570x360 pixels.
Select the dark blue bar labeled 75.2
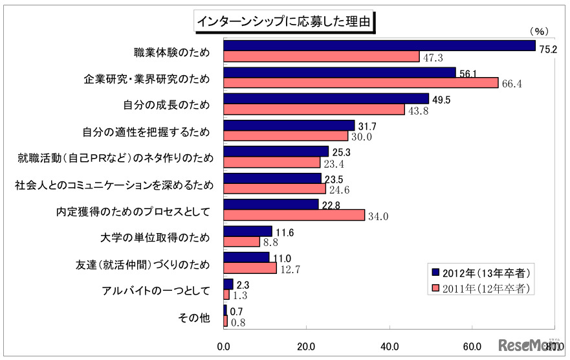[x=379, y=45]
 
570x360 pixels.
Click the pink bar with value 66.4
[x=360, y=83]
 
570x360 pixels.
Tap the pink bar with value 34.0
[x=294, y=216]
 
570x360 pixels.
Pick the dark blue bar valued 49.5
[x=326, y=98]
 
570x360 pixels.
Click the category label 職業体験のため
[x=171, y=51]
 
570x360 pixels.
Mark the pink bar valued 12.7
[x=250, y=269]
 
